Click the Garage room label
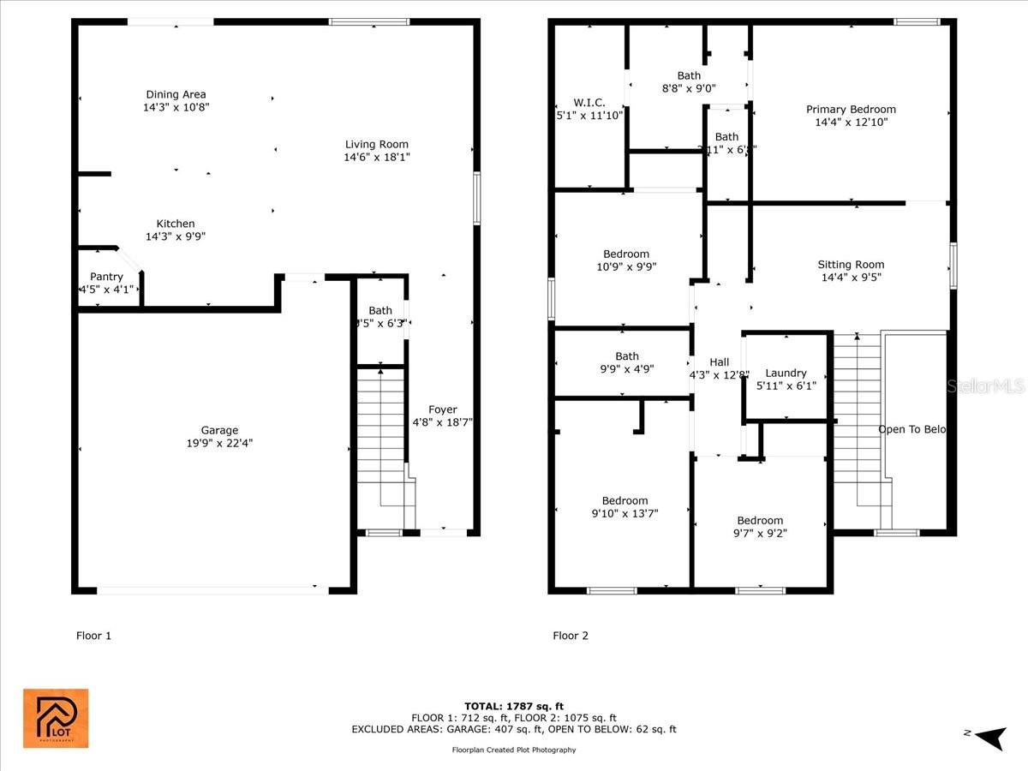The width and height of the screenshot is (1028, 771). click(219, 430)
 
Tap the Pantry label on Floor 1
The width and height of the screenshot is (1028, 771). click(106, 277)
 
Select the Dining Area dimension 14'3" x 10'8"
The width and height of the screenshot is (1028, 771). click(176, 108)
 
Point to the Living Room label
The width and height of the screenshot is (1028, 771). click(376, 144)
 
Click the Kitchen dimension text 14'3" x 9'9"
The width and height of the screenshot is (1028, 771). click(176, 236)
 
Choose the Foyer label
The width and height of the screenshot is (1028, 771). click(443, 409)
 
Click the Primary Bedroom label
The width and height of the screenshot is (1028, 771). click(851, 109)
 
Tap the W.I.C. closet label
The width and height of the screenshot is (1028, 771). click(589, 102)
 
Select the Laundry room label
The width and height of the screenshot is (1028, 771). click(786, 373)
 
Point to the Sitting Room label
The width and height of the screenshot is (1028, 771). click(851, 265)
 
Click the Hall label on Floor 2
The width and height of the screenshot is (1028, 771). click(719, 362)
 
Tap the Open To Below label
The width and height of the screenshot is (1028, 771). click(912, 429)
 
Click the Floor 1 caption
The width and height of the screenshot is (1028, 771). click(94, 636)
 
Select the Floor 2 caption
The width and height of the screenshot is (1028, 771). click(571, 636)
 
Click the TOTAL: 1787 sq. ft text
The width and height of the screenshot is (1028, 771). click(514, 706)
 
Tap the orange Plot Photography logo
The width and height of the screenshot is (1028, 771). click(56, 718)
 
